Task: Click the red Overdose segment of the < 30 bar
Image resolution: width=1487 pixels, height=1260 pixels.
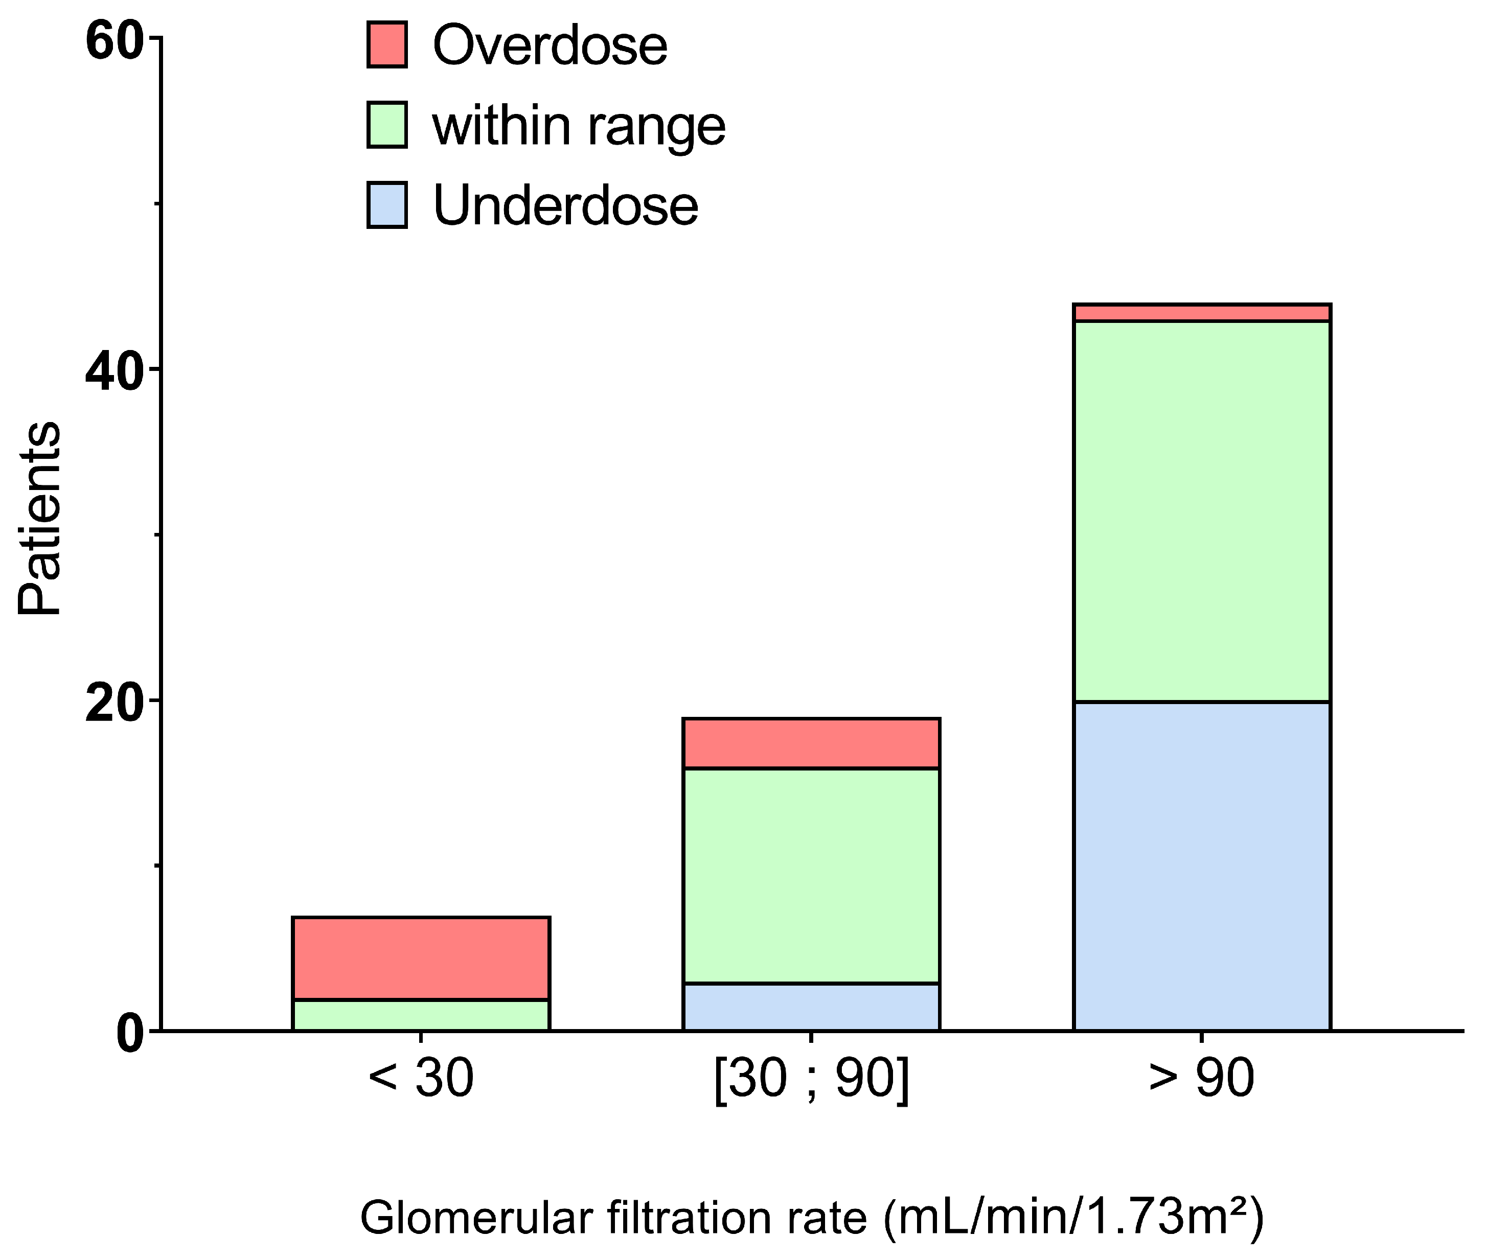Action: tap(421, 958)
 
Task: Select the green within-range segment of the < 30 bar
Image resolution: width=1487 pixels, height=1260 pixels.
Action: tap(421, 1014)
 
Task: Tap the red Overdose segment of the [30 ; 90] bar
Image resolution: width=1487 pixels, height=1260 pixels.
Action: tap(811, 743)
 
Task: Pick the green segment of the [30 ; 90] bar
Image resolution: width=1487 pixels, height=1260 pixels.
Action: tap(811, 876)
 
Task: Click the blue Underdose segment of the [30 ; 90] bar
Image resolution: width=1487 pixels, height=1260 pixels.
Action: tap(811, 1007)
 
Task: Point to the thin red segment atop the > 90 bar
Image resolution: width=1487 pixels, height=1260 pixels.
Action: tap(1202, 313)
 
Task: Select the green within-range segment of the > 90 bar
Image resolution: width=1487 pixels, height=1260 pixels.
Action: tap(1202, 511)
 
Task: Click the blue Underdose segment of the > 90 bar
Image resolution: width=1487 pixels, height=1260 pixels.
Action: tap(1202, 866)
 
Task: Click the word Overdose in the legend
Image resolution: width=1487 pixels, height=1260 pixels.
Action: tap(550, 45)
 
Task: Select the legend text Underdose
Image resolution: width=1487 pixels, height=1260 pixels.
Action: tap(565, 206)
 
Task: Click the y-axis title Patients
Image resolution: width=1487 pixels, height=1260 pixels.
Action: tap(40, 518)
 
